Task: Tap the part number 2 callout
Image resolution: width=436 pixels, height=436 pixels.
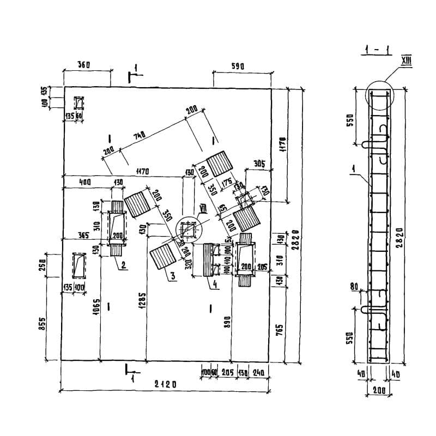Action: (124, 265)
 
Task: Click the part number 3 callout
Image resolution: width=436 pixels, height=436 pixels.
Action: (172, 276)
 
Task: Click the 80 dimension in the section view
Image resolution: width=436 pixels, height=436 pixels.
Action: (354, 286)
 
